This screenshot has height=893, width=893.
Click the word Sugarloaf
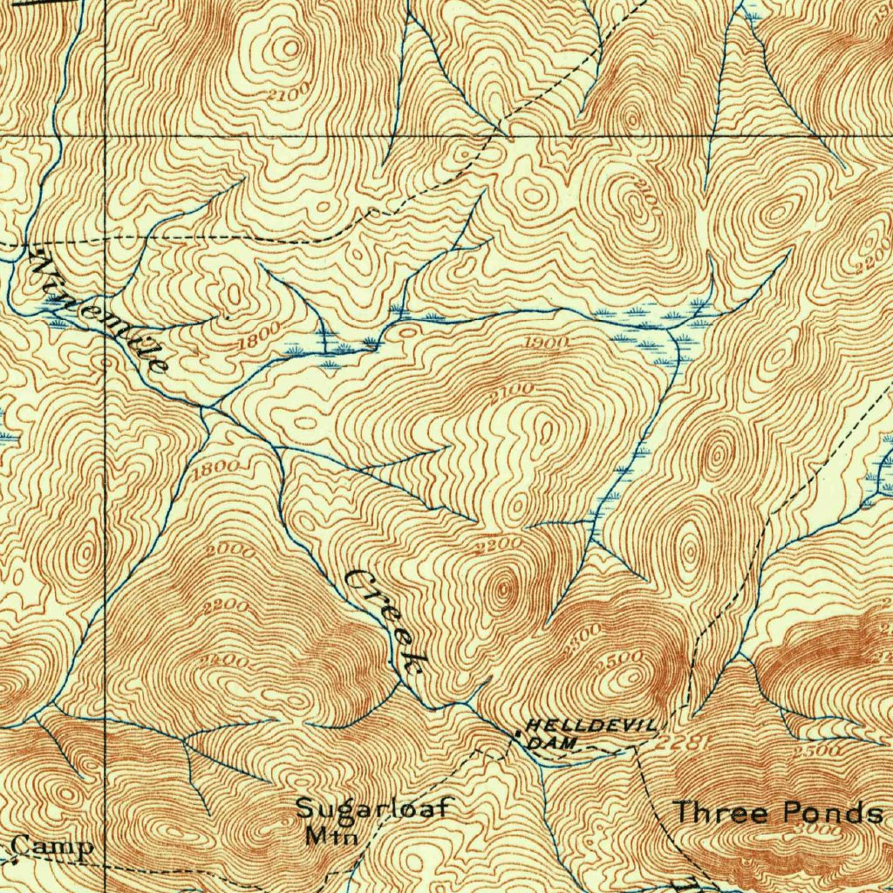point(372,808)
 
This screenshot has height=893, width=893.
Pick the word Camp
point(54,847)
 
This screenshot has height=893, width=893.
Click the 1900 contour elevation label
point(547,342)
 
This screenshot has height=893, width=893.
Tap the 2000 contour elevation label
point(231,550)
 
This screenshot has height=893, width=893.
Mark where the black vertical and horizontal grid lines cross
point(106,137)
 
